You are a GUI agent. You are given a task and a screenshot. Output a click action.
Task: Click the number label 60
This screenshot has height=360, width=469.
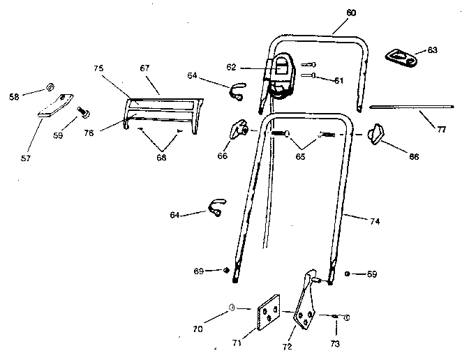tap(351, 13)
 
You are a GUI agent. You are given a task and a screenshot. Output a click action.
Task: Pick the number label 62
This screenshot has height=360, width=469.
tap(231, 67)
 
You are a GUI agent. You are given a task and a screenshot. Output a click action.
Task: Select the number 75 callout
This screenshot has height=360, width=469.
tap(98, 68)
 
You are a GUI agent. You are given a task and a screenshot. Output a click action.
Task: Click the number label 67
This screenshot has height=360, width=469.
tap(144, 68)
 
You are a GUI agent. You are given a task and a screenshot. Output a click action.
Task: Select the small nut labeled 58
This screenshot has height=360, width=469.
tap(50, 87)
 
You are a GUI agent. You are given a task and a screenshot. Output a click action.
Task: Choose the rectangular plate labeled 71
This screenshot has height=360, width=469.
tap(265, 315)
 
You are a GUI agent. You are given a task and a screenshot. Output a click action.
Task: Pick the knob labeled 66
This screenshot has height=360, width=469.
tap(240, 129)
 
